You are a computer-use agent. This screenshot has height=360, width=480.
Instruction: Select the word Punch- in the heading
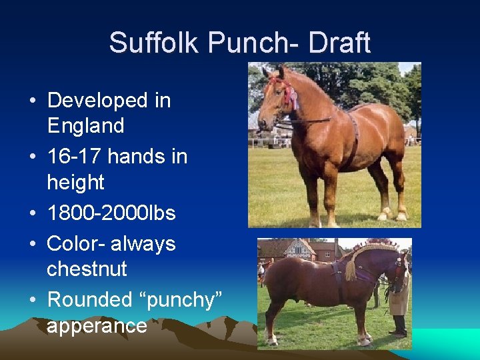click(x=256, y=44)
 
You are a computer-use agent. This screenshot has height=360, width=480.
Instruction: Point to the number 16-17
click(x=74, y=157)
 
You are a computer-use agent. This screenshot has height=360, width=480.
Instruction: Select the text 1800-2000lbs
click(x=111, y=213)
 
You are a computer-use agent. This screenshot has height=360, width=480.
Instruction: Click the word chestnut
click(x=87, y=269)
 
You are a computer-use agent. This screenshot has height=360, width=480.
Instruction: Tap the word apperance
click(x=97, y=325)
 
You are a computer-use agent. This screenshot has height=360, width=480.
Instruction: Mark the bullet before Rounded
click(x=33, y=301)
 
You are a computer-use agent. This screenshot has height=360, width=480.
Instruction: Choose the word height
click(x=75, y=182)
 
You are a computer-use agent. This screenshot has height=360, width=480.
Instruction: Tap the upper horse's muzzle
click(x=265, y=124)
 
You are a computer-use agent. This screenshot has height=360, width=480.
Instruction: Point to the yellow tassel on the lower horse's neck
click(x=351, y=270)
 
